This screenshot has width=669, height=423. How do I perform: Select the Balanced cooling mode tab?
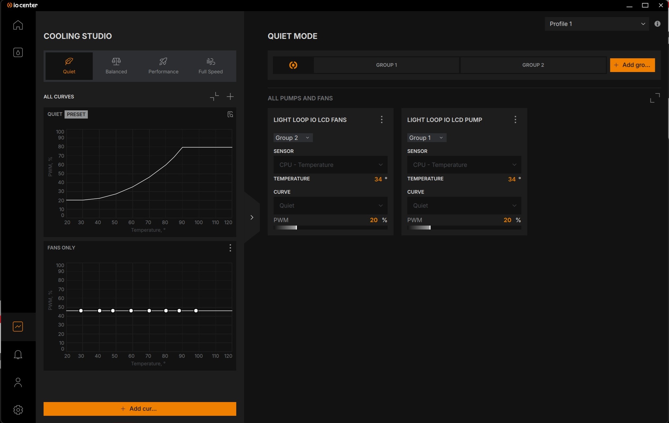116,66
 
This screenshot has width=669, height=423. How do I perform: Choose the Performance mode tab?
163,66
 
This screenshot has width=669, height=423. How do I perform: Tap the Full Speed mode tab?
211,66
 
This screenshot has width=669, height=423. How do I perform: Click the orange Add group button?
632,65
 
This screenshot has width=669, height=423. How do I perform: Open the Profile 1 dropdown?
597,24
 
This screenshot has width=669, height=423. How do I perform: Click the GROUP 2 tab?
533,65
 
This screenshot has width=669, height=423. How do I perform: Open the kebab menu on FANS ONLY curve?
230,248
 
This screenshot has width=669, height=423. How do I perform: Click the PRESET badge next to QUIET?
76,114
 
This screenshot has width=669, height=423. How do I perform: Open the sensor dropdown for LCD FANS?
331,165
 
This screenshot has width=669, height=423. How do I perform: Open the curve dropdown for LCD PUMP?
464,206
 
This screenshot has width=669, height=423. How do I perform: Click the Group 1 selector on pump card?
427,138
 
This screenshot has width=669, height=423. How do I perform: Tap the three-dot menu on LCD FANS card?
382,120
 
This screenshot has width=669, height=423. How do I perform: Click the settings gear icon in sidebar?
18,410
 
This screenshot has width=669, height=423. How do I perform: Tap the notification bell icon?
18,355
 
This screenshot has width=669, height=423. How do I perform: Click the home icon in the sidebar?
18,25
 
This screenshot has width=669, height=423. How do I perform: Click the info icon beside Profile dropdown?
657,24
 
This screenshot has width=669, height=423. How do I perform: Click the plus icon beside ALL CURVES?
230,96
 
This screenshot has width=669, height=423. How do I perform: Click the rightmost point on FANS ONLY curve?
196,311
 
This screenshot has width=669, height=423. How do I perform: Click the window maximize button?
645,5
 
